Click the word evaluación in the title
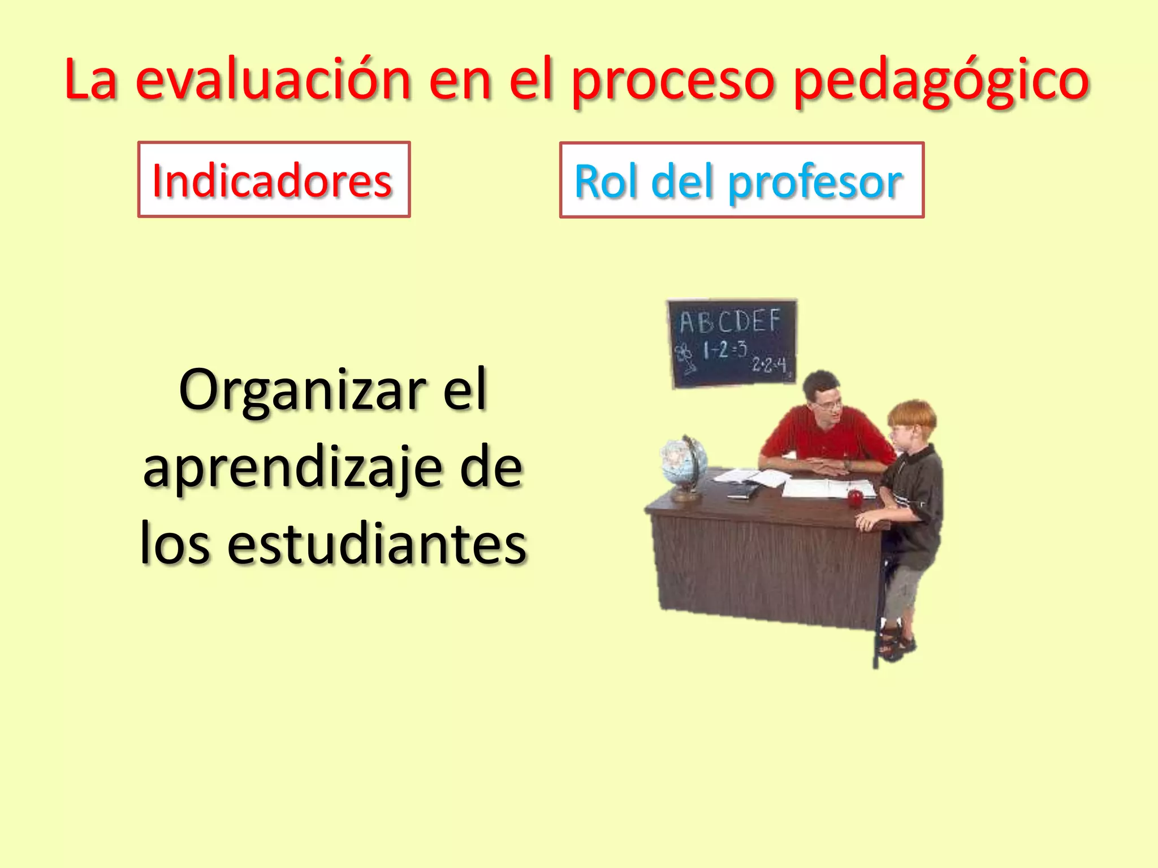point(273,80)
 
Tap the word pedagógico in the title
point(941,82)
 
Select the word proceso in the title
point(673,82)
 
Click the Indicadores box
point(274,180)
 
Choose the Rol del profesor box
point(741,180)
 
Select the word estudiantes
point(377,544)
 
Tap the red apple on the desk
point(855,498)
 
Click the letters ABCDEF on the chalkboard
point(729,321)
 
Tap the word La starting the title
point(90,80)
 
